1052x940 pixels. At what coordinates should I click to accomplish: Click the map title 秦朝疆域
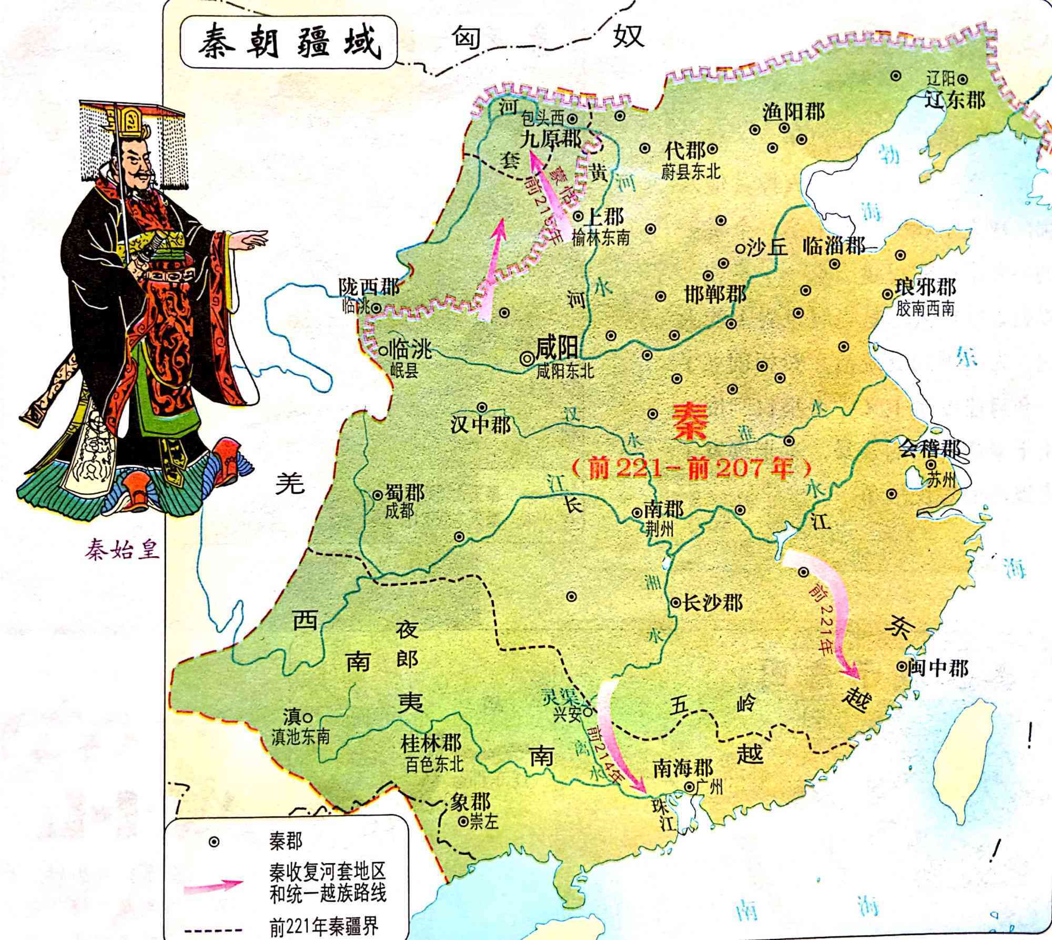tap(288, 43)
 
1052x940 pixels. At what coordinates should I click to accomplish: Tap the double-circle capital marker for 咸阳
tap(525, 358)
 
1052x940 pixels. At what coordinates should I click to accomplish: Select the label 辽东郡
tap(954, 99)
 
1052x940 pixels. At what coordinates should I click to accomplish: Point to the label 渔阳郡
tap(794, 111)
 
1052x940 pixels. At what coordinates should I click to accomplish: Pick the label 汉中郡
tap(481, 425)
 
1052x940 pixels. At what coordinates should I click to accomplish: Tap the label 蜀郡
tap(405, 494)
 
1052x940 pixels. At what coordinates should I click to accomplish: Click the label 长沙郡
tap(712, 603)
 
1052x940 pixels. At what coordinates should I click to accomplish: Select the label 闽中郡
tap(937, 668)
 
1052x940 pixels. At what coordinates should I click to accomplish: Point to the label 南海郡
tap(683, 767)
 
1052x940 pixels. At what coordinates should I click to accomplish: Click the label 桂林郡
tap(431, 744)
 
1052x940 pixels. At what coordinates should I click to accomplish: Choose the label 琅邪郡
tap(926, 288)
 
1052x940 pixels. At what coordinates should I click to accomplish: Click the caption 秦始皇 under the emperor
tap(123, 551)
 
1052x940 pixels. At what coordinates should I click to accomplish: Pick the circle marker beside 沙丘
tap(741, 247)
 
